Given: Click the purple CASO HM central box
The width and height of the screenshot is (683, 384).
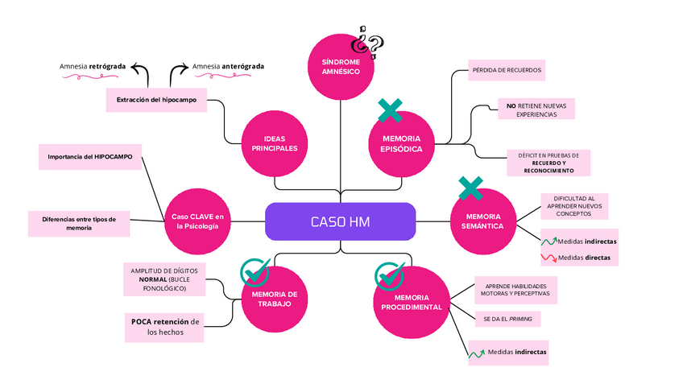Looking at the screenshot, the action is pos(340,221).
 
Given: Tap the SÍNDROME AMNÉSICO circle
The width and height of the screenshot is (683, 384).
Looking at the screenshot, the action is pos(341,67).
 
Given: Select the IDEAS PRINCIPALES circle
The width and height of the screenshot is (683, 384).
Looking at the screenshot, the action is pos(275,143).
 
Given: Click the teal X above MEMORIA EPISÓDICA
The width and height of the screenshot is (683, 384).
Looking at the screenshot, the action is pos(391,110).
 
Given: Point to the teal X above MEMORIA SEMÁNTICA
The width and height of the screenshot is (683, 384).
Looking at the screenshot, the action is pos(471,188).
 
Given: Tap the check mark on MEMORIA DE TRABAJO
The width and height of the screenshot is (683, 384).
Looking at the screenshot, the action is pos(255,272).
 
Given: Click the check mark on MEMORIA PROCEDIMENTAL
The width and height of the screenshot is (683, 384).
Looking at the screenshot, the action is pos(389,276).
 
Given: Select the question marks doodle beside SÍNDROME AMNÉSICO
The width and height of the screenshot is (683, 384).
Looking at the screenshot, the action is pos(368,43).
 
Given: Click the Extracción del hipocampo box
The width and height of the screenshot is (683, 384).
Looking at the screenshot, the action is pos(156,100).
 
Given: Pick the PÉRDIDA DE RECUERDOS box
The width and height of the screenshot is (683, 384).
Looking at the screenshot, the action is pos(507,70).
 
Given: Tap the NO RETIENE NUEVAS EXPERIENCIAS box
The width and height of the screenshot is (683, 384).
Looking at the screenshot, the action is pos(536,109).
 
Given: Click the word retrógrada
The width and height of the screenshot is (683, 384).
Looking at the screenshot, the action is pos(108,67).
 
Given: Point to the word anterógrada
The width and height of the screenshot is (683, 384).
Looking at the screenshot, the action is pos(243,67).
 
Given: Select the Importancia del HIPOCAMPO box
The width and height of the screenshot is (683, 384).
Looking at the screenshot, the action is pos(90,157).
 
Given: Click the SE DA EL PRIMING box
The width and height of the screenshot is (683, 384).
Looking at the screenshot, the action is pos(507,319).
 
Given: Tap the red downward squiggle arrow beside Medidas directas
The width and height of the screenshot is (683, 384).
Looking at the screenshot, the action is pos(548,258).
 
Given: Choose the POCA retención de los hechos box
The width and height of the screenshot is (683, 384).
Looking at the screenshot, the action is pos(164,328).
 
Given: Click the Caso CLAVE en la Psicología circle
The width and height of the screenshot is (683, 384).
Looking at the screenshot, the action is pos(197,221).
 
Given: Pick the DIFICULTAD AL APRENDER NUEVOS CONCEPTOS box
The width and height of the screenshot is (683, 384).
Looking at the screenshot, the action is pos(574,206).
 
